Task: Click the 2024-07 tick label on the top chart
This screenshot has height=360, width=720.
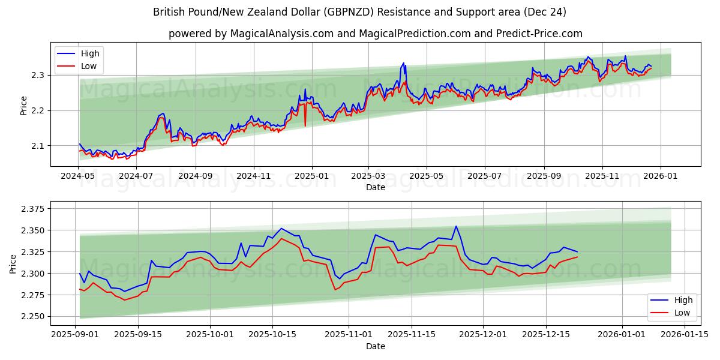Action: (x=136, y=176)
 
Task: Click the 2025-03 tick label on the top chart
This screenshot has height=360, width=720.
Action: (x=368, y=176)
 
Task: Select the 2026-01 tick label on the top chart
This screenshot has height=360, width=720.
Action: (x=661, y=176)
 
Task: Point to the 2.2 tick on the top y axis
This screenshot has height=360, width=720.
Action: (x=37, y=110)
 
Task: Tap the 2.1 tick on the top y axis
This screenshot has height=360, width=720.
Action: (x=37, y=146)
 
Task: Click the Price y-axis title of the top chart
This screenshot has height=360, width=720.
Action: (x=24, y=106)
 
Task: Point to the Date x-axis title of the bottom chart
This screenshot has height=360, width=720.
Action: (x=376, y=346)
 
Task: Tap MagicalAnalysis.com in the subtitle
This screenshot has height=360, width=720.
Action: (x=282, y=34)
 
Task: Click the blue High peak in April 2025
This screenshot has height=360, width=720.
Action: (x=404, y=63)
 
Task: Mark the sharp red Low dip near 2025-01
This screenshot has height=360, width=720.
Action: (x=305, y=125)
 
